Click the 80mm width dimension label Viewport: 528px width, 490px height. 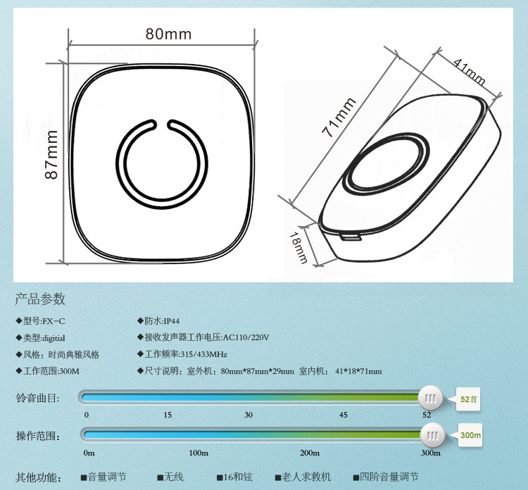pyautogui.click(x=168, y=34)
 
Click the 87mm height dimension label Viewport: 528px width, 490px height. pyautogui.click(x=51, y=155)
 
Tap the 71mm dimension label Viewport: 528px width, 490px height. pyautogui.click(x=339, y=117)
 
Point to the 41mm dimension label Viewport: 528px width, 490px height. pyautogui.click(x=470, y=72)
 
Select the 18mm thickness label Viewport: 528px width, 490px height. pyautogui.click(x=298, y=248)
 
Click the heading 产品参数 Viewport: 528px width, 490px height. pyautogui.click(x=40, y=299)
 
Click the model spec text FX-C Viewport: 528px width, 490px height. pyautogui.click(x=54, y=321)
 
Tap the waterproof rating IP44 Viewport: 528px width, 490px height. pyautogui.click(x=171, y=321)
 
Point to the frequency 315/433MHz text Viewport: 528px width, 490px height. pyautogui.click(x=204, y=354)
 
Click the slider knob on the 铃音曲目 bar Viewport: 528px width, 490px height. pyautogui.click(x=430, y=398)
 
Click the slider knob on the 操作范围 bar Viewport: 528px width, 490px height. pyautogui.click(x=432, y=436)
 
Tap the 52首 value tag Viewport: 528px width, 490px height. pyautogui.click(x=467, y=399)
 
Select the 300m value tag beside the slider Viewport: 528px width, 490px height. pyautogui.click(x=470, y=435)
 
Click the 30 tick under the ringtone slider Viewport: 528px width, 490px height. pyautogui.click(x=249, y=415)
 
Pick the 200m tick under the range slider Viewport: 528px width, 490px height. pyautogui.click(x=310, y=453)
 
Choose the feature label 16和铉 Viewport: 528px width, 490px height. pyautogui.click(x=238, y=477)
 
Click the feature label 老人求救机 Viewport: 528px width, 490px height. pyautogui.click(x=306, y=477)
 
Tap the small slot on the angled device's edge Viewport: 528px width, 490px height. pyautogui.click(x=351, y=237)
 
